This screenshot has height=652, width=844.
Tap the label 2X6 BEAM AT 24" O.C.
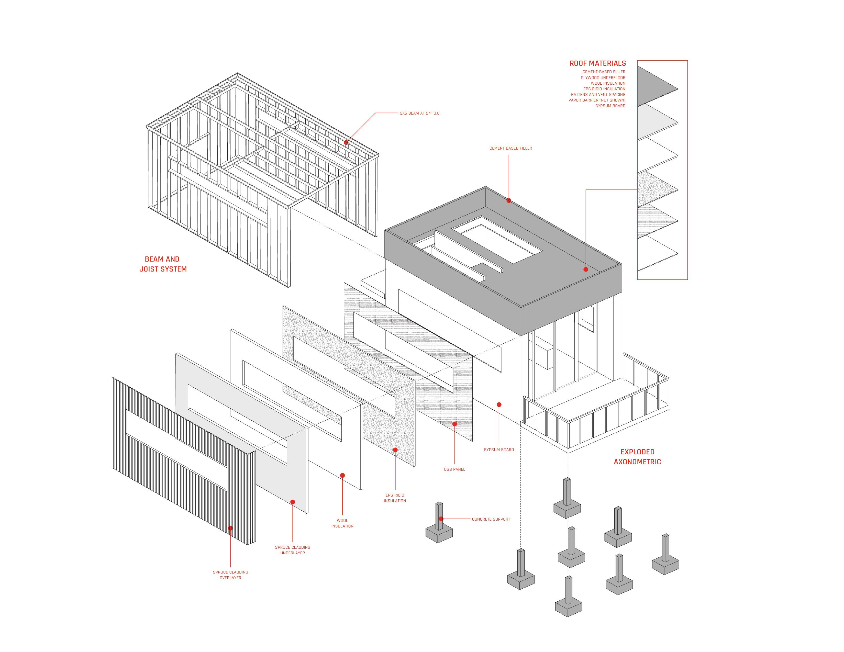(x=420, y=113)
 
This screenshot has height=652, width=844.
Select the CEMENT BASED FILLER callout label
(x=510, y=148)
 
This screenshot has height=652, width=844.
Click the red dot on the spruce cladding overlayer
(x=230, y=528)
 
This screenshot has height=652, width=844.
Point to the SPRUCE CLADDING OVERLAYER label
(x=230, y=575)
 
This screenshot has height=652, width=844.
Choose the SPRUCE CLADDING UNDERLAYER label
(x=293, y=550)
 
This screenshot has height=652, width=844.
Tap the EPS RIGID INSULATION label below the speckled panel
(x=395, y=498)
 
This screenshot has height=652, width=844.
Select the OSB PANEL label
(x=454, y=469)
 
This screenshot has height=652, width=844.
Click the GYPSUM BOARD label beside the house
(x=499, y=449)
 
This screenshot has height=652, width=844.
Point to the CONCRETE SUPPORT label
(x=491, y=519)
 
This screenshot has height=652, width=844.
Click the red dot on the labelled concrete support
(x=441, y=519)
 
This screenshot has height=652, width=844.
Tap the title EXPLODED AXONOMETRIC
(x=637, y=457)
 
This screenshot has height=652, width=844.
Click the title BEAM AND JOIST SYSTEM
(x=163, y=264)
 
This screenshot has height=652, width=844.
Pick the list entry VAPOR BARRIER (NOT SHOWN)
(x=597, y=100)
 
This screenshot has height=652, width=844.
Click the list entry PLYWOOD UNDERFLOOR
(x=603, y=78)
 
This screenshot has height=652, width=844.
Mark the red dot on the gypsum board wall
(x=499, y=405)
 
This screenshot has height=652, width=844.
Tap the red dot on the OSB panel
(x=454, y=424)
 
